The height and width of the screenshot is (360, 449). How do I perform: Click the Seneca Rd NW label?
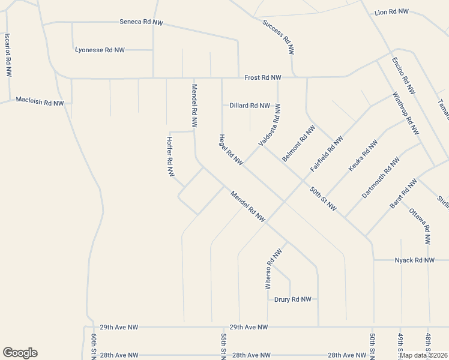[x=141, y=22]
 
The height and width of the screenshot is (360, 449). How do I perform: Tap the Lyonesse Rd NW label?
[x=100, y=50]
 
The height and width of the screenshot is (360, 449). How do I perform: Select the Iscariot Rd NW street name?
[x=8, y=54]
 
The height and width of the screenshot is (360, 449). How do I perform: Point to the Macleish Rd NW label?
[x=40, y=103]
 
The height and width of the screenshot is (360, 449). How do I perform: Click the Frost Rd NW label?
[x=263, y=78]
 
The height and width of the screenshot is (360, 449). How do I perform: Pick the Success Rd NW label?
[x=279, y=37]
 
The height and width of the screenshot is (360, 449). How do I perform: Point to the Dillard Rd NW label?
[x=250, y=106]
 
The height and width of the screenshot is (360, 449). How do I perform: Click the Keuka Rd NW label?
[x=363, y=156]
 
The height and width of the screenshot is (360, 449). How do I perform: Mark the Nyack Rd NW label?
[x=414, y=260]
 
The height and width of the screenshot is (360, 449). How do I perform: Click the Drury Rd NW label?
[x=293, y=299]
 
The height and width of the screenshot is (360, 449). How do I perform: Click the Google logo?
[x=20, y=353]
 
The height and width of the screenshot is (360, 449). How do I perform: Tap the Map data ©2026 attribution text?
[x=423, y=355]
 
